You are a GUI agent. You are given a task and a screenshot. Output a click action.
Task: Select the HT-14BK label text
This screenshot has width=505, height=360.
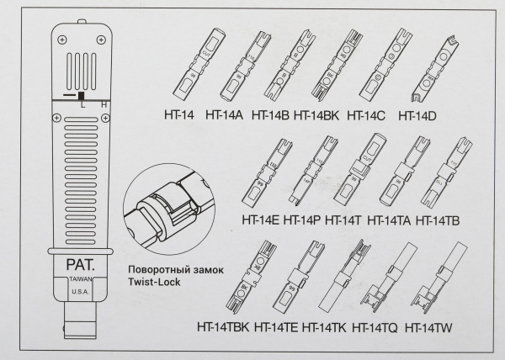pyautogui.click(x=316, y=114)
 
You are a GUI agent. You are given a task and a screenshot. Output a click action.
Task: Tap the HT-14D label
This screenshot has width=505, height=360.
pyautogui.click(x=417, y=114)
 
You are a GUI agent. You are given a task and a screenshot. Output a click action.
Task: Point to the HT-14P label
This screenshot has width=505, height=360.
pyautogui.click(x=303, y=220)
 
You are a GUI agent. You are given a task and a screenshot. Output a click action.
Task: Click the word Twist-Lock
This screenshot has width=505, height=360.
pyautogui.click(x=157, y=283)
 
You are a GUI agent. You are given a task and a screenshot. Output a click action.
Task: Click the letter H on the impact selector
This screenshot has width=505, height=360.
pyautogui.click(x=103, y=104)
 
